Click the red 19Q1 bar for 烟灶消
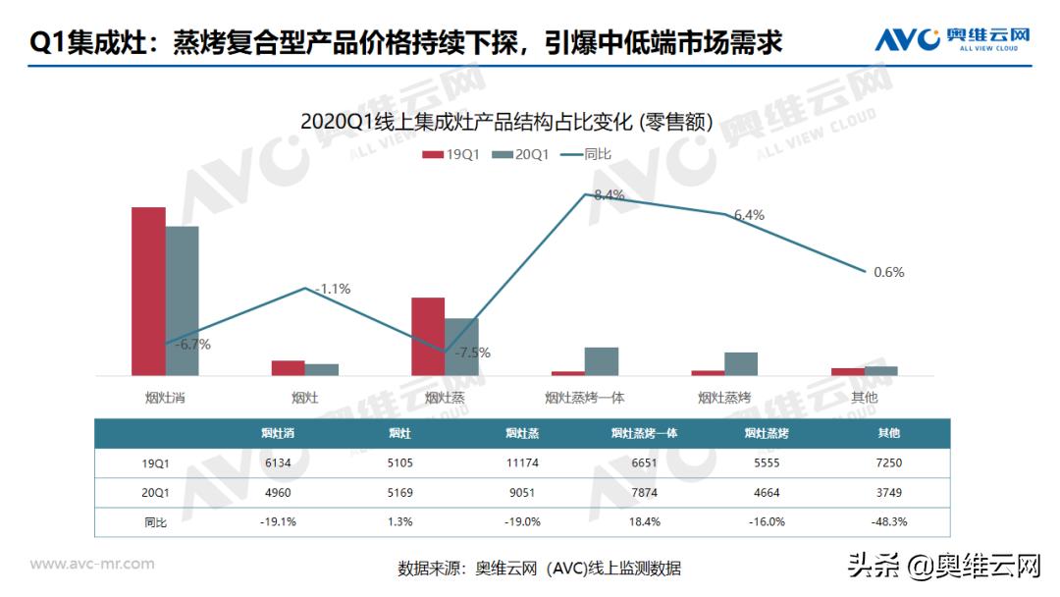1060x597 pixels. (148, 292)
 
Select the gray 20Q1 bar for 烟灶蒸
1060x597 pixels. (461, 347)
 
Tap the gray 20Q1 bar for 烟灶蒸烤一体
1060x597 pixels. (602, 361)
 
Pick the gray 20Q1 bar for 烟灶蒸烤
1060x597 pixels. (741, 363)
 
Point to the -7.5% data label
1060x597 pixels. (472, 353)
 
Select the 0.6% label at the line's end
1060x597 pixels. (888, 272)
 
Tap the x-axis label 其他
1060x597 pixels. (864, 398)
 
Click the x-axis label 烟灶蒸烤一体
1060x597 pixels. (585, 398)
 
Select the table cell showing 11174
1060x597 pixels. (521, 462)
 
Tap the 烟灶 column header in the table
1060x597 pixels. (398, 433)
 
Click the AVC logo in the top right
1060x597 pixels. (952, 39)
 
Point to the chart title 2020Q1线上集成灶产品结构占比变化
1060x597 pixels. (506, 122)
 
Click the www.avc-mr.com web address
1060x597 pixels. (92, 564)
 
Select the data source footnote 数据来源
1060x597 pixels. (539, 568)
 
